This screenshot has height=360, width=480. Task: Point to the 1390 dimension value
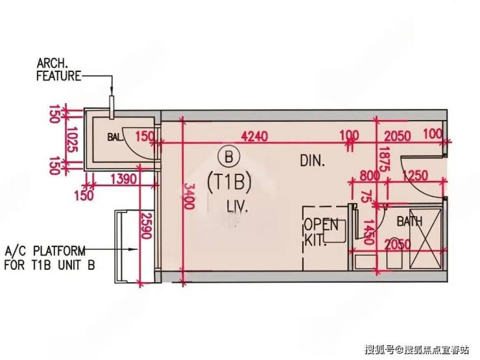pyautogui.click(x=123, y=178)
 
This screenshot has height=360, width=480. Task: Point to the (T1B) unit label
pyautogui.click(x=228, y=182)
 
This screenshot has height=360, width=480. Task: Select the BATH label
pyautogui.click(x=409, y=221)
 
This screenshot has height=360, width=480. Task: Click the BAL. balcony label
pyautogui.click(x=115, y=137)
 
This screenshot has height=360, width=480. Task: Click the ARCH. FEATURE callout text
pyautogui.click(x=58, y=69)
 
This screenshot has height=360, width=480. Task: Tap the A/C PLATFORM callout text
pyautogui.click(x=49, y=257)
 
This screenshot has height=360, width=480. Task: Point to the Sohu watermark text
pyautogui.click(x=417, y=350)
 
